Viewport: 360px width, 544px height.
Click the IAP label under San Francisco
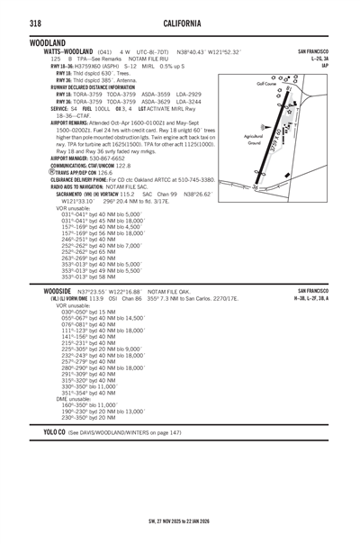coord(323,66)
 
